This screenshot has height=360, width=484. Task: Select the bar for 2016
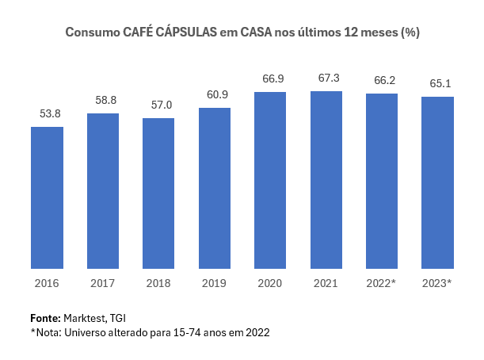click(x=47, y=198)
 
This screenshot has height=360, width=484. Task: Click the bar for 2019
click(x=214, y=189)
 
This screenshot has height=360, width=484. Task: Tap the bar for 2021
click(x=326, y=180)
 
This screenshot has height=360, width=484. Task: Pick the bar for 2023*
click(x=437, y=183)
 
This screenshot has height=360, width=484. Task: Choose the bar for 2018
click(x=158, y=194)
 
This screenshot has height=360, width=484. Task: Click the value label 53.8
click(x=47, y=114)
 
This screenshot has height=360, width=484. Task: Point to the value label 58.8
click(x=103, y=101)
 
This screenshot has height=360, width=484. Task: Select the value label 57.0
click(x=158, y=105)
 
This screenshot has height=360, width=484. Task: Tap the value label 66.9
click(x=270, y=79)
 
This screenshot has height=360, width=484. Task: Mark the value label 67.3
click(x=326, y=79)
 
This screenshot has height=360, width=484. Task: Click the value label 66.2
click(x=382, y=81)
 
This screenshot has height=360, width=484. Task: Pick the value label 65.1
click(x=437, y=84)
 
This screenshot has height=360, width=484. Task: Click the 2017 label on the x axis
click(x=103, y=282)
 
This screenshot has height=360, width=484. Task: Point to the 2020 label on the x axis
click(x=270, y=282)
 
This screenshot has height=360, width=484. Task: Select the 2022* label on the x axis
click(x=382, y=282)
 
